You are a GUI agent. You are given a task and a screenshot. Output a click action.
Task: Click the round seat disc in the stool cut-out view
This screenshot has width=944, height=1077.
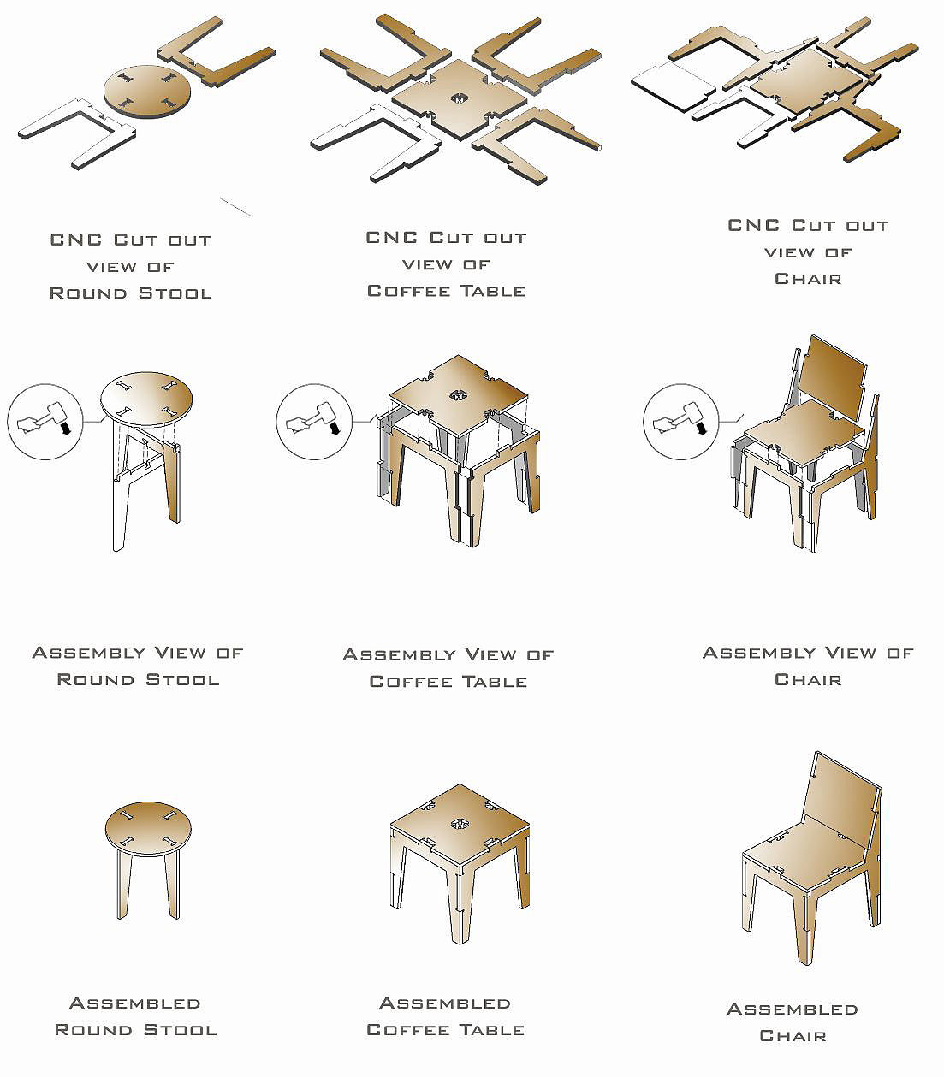click(147, 92)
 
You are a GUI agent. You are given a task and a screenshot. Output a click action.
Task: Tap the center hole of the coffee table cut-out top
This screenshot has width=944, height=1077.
click(459, 98)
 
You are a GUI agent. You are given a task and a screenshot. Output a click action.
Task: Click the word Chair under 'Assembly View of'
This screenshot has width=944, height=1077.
click(808, 679)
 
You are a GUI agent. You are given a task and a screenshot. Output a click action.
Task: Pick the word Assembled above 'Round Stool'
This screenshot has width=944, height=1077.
click(135, 1003)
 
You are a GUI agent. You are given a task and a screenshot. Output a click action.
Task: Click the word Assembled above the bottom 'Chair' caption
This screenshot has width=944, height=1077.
click(793, 1009)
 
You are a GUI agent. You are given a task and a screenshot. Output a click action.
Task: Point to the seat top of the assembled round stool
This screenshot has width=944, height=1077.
click(148, 829)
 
